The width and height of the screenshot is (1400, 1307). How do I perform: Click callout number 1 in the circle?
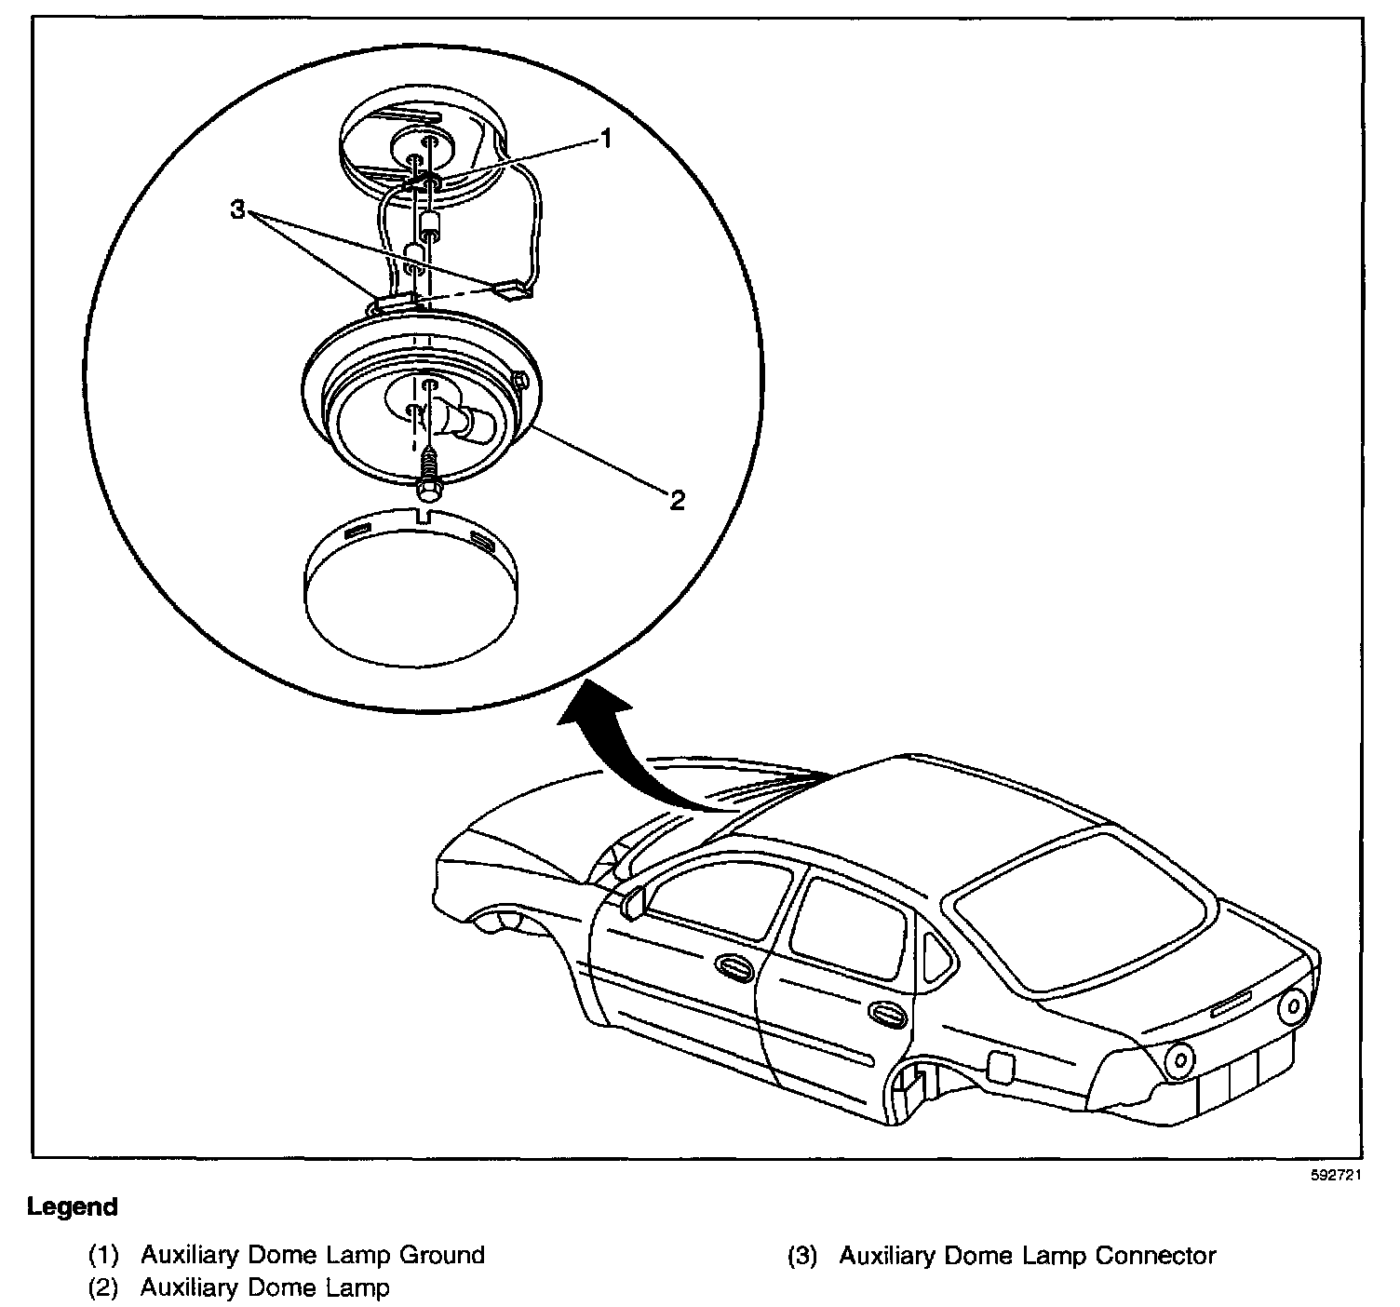(x=605, y=140)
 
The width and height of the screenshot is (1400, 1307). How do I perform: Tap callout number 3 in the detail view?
(x=239, y=211)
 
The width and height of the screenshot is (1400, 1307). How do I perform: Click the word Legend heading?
(x=73, y=1207)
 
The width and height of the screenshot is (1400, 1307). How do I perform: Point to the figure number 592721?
(x=1337, y=1175)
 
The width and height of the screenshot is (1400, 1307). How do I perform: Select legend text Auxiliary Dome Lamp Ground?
(x=312, y=1255)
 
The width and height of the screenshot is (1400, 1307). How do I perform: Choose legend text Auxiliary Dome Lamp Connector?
(x=1027, y=1255)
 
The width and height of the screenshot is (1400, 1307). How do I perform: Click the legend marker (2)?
(x=102, y=1288)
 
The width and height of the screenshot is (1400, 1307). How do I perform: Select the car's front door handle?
(x=735, y=968)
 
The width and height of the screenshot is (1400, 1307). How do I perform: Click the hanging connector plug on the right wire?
(x=515, y=290)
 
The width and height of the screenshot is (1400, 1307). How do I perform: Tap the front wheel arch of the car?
(x=507, y=922)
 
